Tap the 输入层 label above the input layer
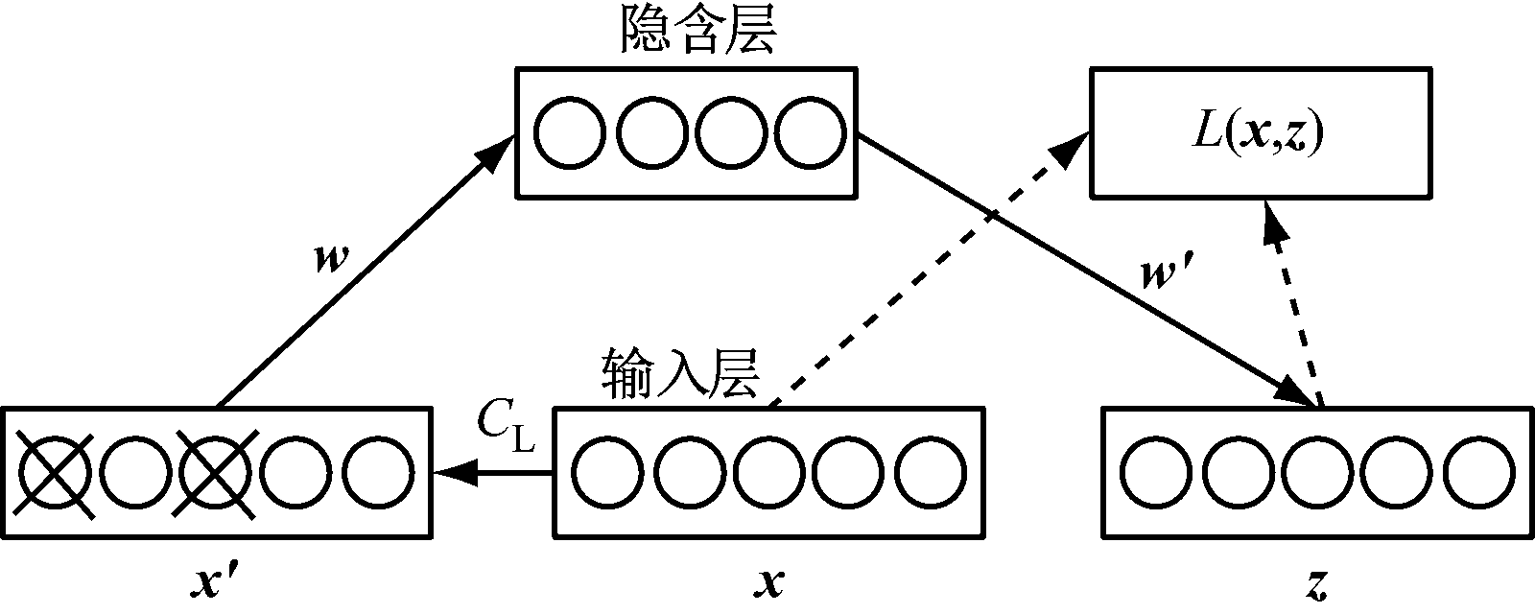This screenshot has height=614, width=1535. pyautogui.click(x=681, y=375)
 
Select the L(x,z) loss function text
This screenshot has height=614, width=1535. pyautogui.click(x=1257, y=133)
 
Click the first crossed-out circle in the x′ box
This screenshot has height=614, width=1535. pyautogui.click(x=55, y=473)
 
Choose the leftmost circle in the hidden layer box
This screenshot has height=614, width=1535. pyautogui.click(x=569, y=132)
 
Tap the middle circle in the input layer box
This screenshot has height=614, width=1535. pyautogui.click(x=769, y=473)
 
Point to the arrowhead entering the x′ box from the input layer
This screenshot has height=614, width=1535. pyautogui.click(x=451, y=472)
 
